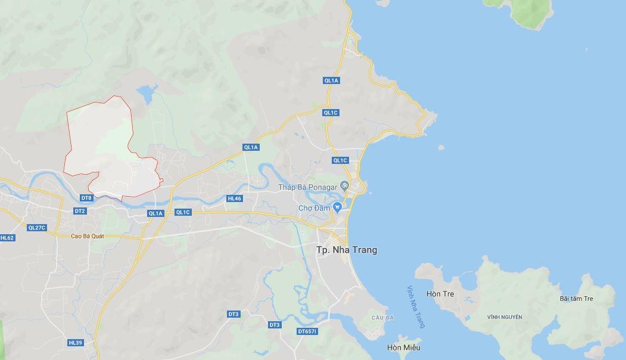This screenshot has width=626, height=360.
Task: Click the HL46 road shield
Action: pos(235,198)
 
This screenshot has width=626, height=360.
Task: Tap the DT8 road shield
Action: pos(86,198)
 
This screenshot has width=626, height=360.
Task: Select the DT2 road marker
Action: pos(80,211)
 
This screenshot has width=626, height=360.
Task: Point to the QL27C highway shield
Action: pos(37,227)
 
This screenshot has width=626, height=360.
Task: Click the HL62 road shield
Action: pos(7,237)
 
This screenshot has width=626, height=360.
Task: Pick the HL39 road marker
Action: pos(75,343)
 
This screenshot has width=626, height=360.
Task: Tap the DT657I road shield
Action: pos(307,331)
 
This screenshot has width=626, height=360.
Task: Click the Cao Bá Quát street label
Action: pos(88,236)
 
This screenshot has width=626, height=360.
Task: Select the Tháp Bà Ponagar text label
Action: pos(307,187)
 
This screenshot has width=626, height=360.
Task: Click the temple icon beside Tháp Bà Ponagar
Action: pos(344,186)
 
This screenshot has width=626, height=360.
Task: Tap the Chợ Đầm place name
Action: pos(314,208)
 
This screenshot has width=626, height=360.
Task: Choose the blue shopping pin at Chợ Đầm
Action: pos(338,207)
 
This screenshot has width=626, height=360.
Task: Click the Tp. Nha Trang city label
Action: pos(346,250)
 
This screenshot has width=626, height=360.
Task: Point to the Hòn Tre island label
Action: pos(440,294)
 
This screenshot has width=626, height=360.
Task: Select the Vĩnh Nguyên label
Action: pos(504,317)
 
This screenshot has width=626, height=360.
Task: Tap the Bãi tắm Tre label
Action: pos(577,299)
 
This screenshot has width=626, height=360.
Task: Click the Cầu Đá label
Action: pos(379,318)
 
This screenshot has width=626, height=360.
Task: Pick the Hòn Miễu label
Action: pos(403,347)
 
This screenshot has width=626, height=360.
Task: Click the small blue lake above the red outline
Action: pos(147,94)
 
